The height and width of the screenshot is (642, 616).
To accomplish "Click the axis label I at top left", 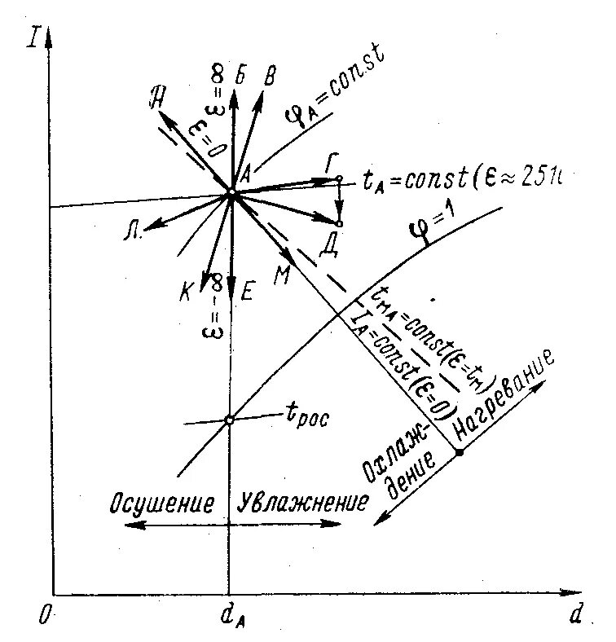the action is [x=33, y=37].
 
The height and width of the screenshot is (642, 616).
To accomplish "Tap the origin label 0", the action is [x=42, y=616].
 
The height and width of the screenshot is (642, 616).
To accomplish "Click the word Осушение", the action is [x=163, y=502].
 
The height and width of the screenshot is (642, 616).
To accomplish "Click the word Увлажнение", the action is [x=302, y=502].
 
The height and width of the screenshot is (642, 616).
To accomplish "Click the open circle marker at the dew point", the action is [x=229, y=420].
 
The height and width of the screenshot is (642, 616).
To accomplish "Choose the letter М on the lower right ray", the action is [x=283, y=275].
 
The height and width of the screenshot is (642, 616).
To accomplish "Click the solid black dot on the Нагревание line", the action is [x=459, y=451].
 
